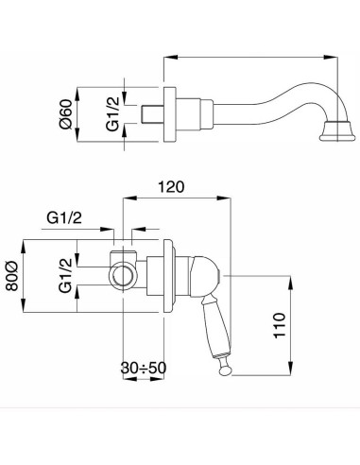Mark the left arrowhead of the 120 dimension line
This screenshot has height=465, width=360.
(x=129, y=198)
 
